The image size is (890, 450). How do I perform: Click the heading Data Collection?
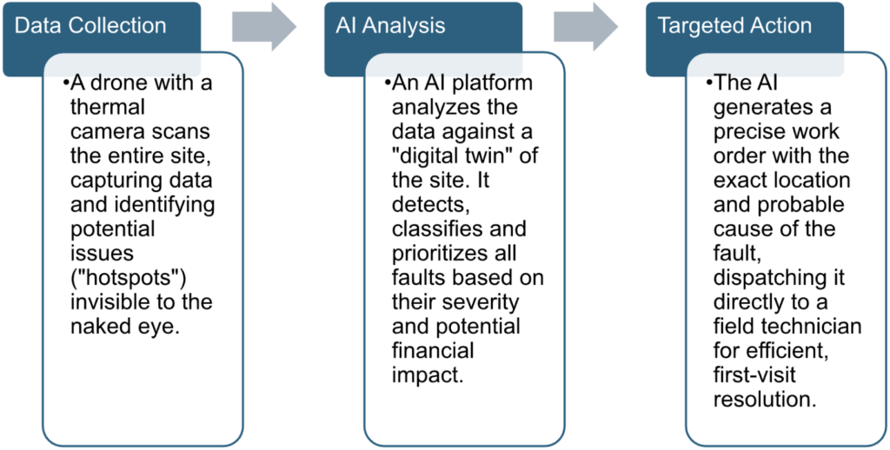coord(90,25)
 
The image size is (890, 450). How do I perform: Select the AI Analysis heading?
coord(390,25)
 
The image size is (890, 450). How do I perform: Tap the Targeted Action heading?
coord(734,25)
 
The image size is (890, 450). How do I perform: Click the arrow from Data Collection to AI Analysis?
coord(264,26)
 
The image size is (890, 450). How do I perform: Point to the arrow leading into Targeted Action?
coord(586,26)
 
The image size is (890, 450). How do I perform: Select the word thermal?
coord(107,107)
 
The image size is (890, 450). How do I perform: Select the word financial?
coord(433,351)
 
